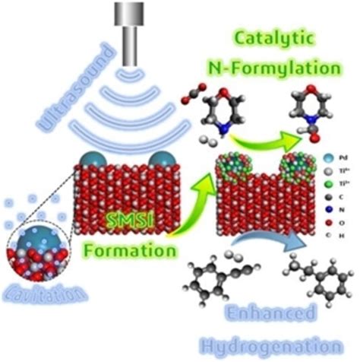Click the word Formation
point(133,247)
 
